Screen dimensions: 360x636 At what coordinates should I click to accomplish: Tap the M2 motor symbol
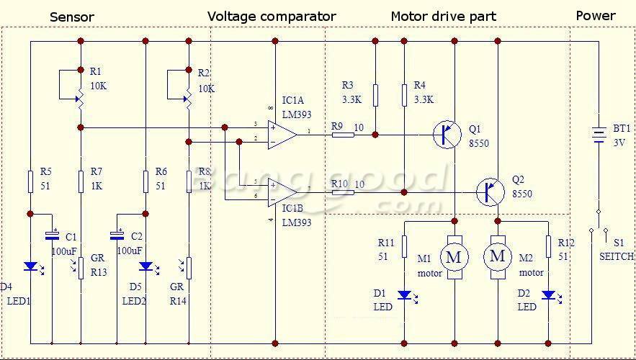click(498, 256)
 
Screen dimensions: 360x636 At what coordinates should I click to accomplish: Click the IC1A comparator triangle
click(282, 135)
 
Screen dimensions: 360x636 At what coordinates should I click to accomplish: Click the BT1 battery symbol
click(598, 135)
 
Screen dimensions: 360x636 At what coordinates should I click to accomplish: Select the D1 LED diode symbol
click(404, 294)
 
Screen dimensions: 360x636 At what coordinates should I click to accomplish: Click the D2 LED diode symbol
click(548, 294)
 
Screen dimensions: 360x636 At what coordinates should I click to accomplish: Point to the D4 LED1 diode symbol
click(30, 266)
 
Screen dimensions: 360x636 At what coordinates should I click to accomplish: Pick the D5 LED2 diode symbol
click(145, 266)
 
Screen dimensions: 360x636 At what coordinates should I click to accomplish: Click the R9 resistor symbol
click(342, 135)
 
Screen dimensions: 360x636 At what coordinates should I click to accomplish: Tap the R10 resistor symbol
click(342, 192)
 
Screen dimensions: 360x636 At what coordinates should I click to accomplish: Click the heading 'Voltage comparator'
click(272, 16)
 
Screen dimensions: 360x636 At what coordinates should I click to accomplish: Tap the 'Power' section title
click(596, 15)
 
